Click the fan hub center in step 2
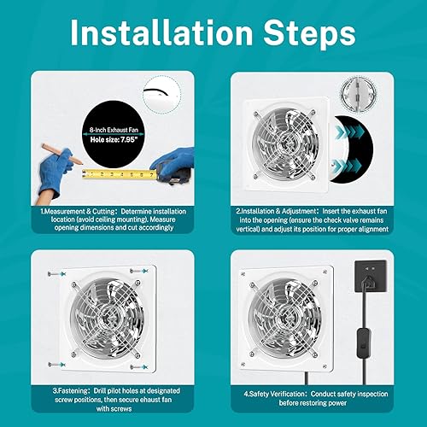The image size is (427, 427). point(285,143)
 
